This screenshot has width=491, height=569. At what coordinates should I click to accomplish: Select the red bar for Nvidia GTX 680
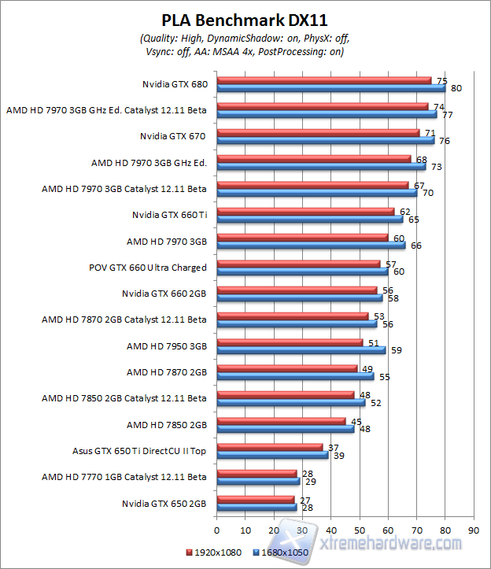point(323,79)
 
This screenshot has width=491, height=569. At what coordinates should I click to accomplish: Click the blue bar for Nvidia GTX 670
point(325,141)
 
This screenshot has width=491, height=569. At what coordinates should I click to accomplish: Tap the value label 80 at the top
point(456,88)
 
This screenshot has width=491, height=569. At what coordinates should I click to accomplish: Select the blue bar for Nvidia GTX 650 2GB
point(257,508)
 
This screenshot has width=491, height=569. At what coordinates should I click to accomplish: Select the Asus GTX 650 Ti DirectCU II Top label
point(139,451)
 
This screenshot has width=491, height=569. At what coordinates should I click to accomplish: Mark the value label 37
point(333,446)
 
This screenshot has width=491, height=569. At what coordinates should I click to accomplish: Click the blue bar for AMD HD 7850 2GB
point(285,429)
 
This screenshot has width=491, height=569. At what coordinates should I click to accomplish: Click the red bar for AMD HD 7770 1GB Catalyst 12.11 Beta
point(257,473)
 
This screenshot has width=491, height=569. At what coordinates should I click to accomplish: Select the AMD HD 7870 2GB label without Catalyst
point(166,371)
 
